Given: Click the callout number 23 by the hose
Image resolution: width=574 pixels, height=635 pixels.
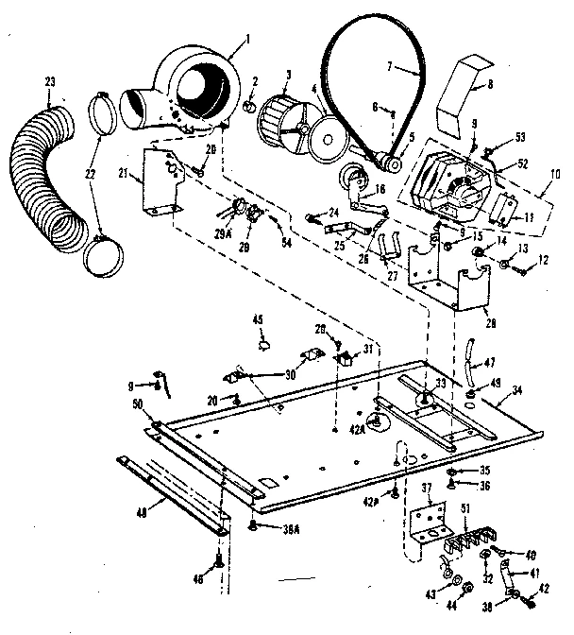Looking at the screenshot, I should pos(50,84).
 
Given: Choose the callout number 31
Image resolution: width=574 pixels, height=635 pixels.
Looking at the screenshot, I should pos(368,349).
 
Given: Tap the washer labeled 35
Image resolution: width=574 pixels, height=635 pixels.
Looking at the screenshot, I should pos(455,470).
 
